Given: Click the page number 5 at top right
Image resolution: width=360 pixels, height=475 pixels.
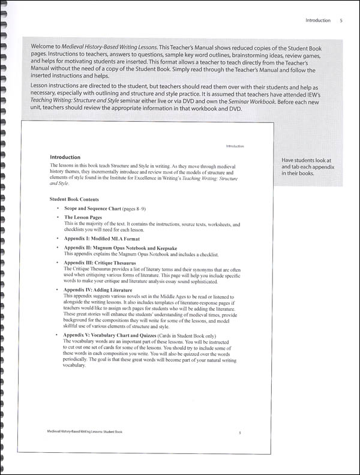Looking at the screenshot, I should (341, 20).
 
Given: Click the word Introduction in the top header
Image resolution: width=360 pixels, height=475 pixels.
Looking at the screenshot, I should (317, 20).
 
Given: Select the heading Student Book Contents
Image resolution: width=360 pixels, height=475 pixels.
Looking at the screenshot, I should (74, 199).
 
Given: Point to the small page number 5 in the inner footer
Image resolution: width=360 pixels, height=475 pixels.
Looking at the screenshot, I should (239, 431).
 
